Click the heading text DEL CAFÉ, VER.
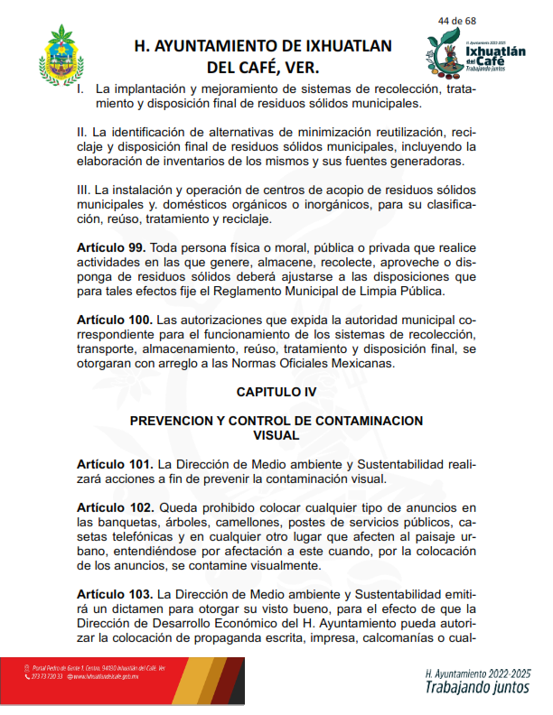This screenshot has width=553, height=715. pos(263,68)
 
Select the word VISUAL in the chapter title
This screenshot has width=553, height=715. pos(276,435)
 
